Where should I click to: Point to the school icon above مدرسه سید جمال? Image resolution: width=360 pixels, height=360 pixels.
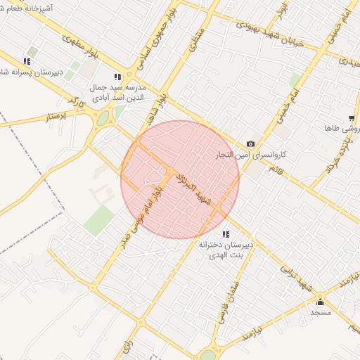(x=117, y=77)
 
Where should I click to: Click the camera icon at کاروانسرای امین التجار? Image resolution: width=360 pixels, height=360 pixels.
(x=251, y=144)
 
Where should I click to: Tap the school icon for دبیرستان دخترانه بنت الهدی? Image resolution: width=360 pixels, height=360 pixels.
(x=225, y=234)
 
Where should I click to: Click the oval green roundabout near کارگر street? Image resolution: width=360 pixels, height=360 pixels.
(x=103, y=119)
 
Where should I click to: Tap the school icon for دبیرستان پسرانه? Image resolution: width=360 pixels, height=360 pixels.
(x=27, y=60)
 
